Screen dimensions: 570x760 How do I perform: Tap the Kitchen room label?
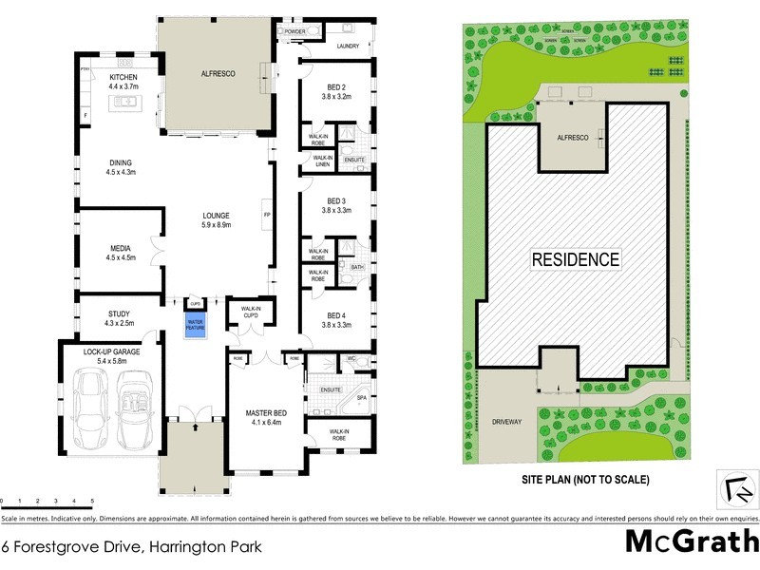(123, 77)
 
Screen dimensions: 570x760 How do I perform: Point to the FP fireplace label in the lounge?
(267, 214)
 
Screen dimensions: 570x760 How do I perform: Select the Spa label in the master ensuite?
(361, 399)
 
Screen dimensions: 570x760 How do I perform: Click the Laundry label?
(347, 45)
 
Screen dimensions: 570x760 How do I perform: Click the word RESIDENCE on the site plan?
(575, 258)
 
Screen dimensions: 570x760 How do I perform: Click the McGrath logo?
(691, 541)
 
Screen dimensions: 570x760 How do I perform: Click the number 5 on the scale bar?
(92, 501)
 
